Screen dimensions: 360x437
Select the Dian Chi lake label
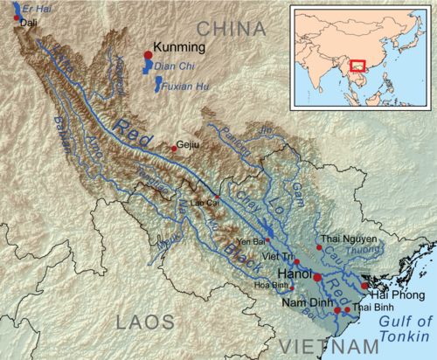[x=172, y=65]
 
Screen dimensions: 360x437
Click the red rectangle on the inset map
[x=357, y=64]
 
